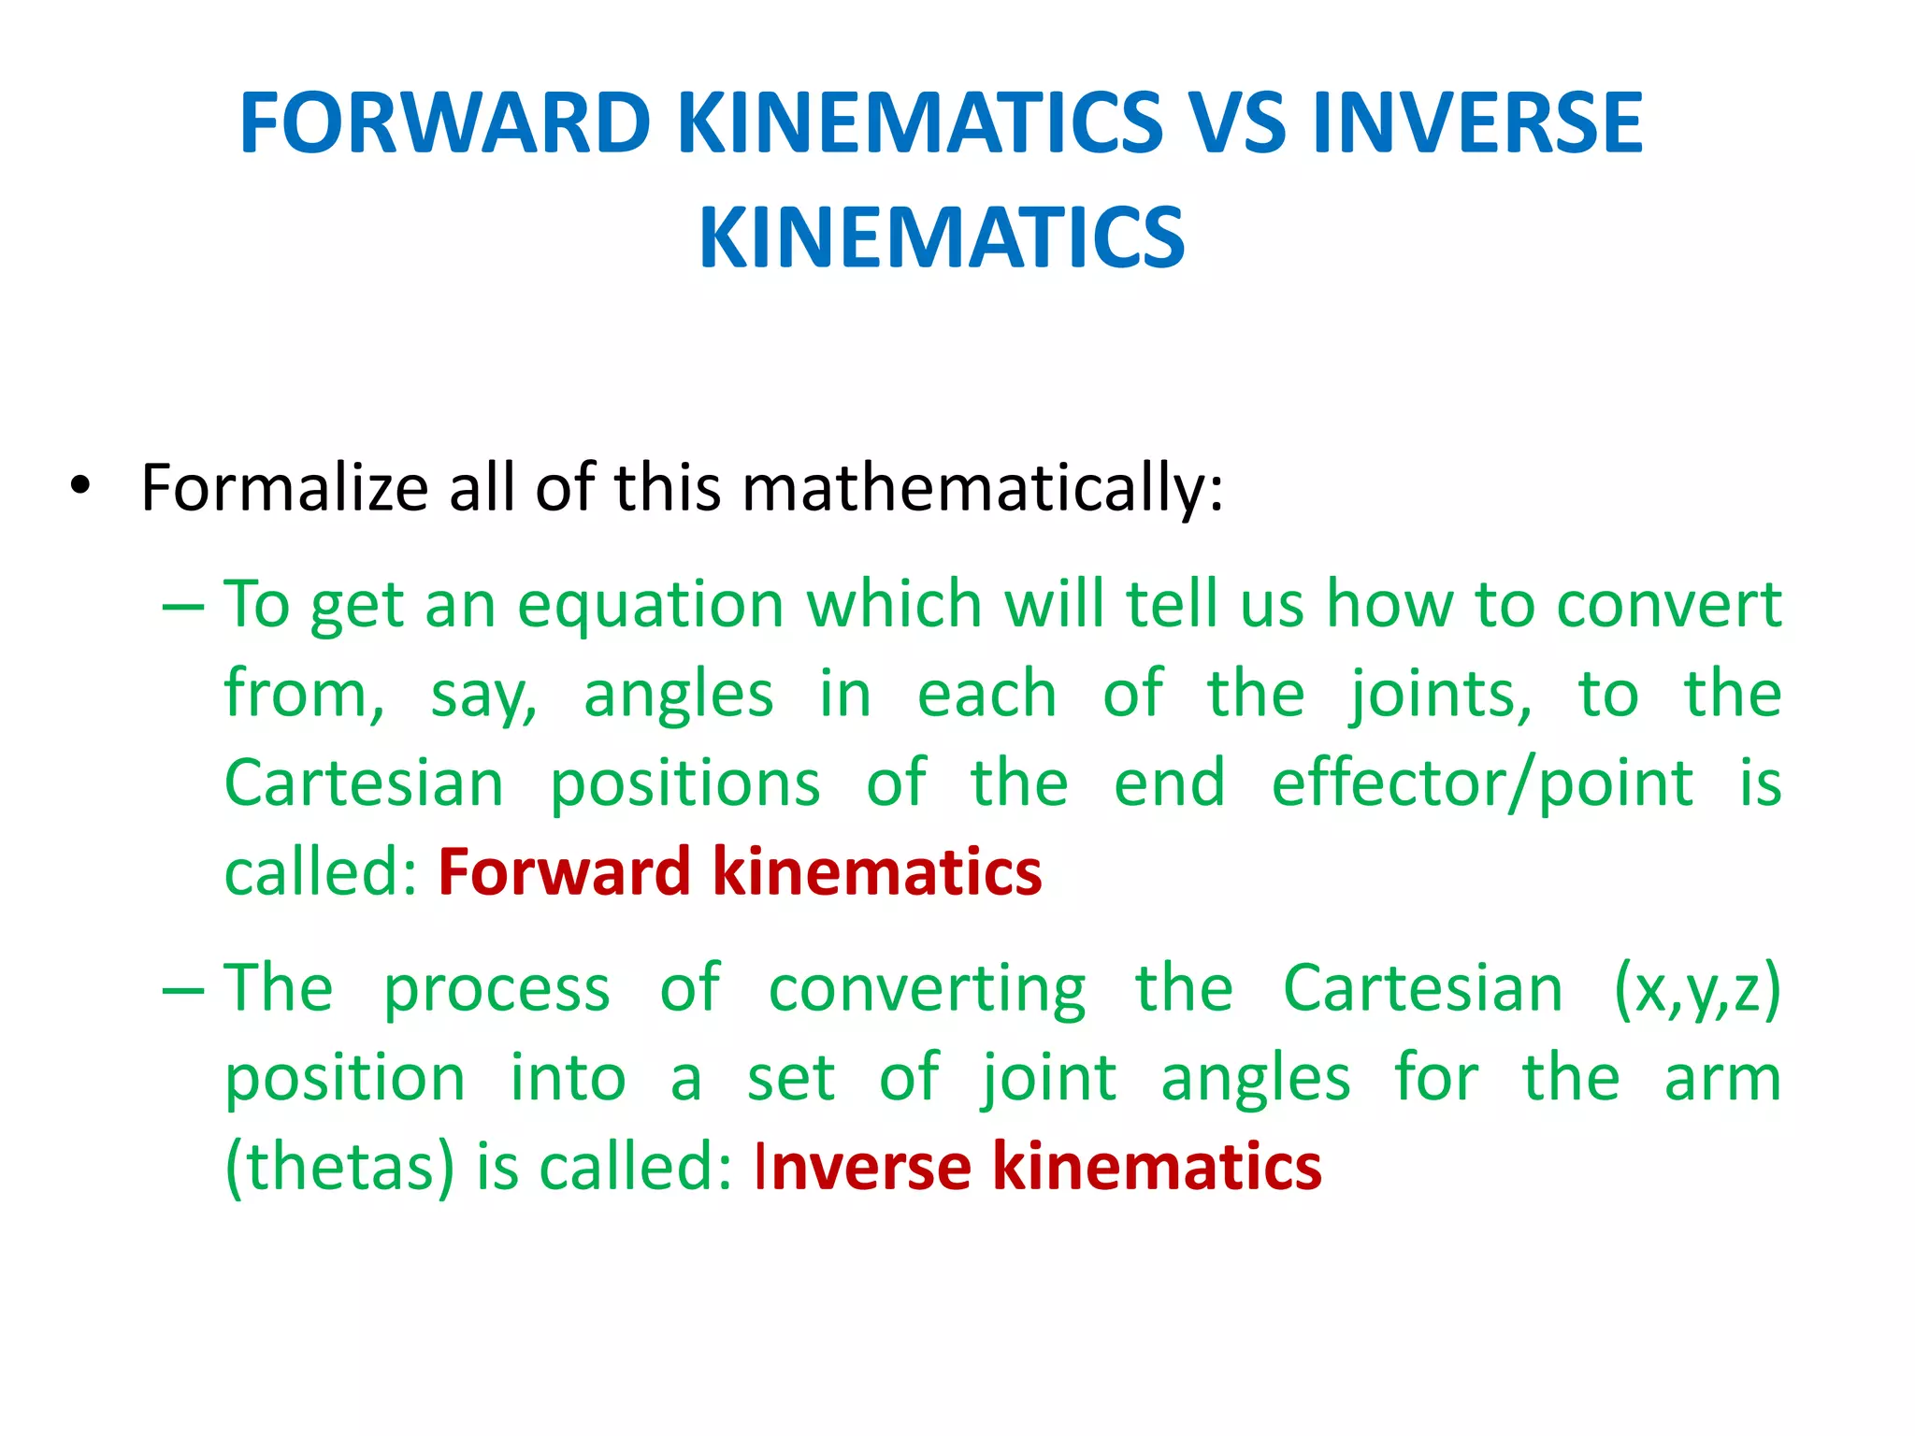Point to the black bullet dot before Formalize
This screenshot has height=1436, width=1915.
coord(81,485)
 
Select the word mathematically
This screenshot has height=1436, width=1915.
coord(982,489)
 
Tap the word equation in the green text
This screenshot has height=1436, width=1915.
coord(651,605)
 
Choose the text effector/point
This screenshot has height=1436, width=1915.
coord(1482,783)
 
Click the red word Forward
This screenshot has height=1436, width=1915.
coord(565,871)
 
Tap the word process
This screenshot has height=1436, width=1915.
coord(497,988)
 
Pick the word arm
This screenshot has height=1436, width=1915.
coord(1722,1078)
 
